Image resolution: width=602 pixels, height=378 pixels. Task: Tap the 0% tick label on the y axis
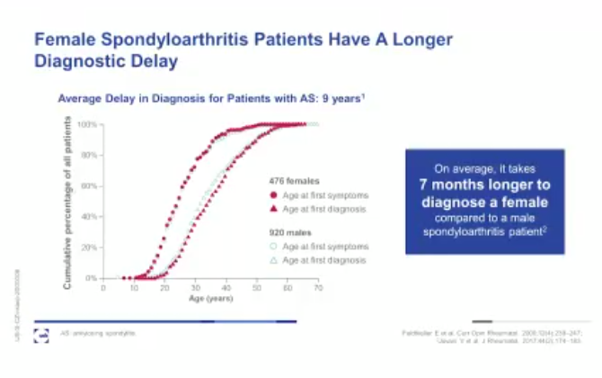[x=91, y=278]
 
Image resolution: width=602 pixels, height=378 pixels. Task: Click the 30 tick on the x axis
[x=195, y=287]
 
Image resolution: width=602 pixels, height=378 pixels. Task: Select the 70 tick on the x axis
[x=319, y=287]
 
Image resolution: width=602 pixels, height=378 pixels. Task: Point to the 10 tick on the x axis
[x=134, y=287]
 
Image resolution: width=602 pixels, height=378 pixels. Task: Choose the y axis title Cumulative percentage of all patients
[x=68, y=202]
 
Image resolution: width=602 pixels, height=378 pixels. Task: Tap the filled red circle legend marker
[x=273, y=194]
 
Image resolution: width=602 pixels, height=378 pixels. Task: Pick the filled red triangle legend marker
[x=273, y=208]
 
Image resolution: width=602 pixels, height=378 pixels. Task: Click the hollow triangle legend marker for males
[x=273, y=259]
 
